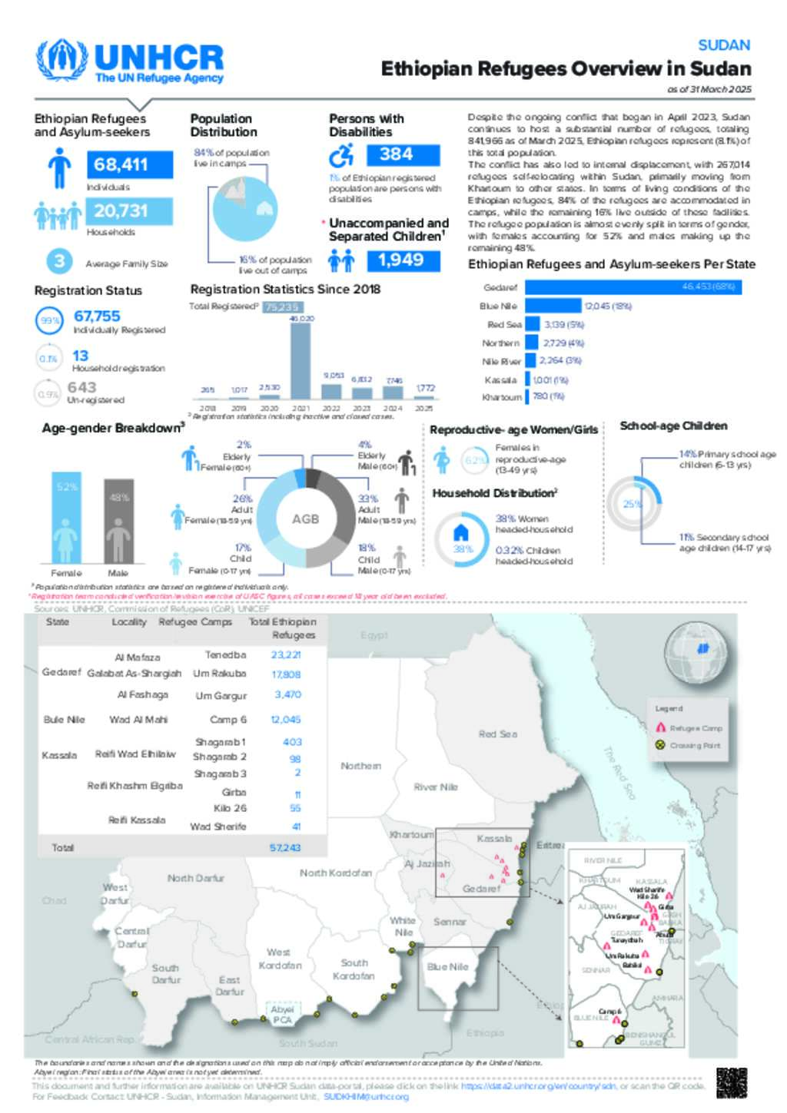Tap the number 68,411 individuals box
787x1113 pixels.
pyautogui.click(x=121, y=164)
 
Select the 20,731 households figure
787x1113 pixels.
pyautogui.click(x=121, y=210)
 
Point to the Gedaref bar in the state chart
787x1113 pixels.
pyautogui.click(x=633, y=287)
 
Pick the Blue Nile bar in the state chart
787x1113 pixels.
pyautogui.click(x=553, y=306)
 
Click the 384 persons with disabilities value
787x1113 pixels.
pyautogui.click(x=397, y=154)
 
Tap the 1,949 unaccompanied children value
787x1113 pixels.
pyautogui.click(x=401, y=260)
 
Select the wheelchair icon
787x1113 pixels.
pyautogui.click(x=341, y=156)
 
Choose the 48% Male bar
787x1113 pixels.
pyautogui.click(x=118, y=521)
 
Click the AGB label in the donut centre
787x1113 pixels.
pyautogui.click(x=305, y=519)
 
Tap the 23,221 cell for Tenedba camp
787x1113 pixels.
pyautogui.click(x=285, y=655)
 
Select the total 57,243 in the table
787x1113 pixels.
pyautogui.click(x=285, y=848)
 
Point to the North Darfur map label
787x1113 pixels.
pyautogui.click(x=196, y=878)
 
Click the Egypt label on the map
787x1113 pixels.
pyautogui.click(x=374, y=635)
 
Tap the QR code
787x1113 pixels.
pyautogui.click(x=731, y=1082)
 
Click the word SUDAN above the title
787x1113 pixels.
pyautogui.click(x=724, y=45)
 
